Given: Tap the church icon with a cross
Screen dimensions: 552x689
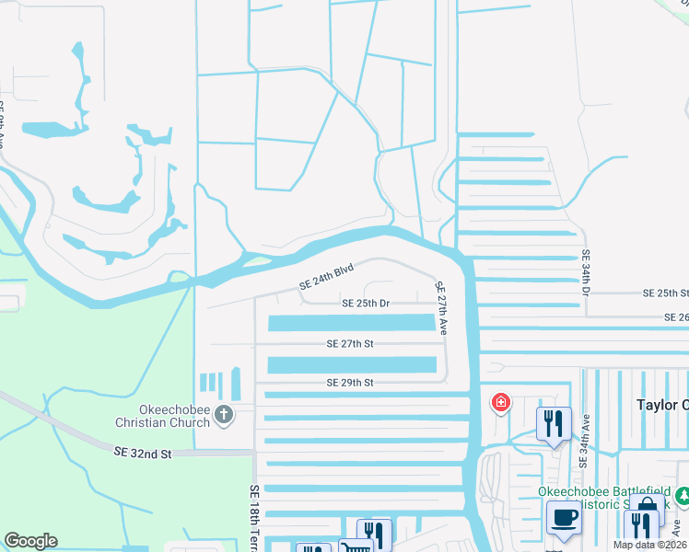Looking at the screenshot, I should coord(223,417).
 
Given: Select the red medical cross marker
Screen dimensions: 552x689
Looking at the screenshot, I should coord(500,403).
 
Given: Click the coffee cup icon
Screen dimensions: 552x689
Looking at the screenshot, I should coord(564,518).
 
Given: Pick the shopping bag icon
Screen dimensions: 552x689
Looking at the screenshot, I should coord(647,505).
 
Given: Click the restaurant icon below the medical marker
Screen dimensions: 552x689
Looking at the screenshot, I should coord(554,424).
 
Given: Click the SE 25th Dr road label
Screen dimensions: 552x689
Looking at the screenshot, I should coord(366,303).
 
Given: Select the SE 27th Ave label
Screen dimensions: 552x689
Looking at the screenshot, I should coord(442,307).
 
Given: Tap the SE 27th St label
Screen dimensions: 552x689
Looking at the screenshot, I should coord(349,343).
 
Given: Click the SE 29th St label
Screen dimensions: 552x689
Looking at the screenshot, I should coord(349,382).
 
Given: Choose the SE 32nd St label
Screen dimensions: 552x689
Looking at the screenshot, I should coord(143,454).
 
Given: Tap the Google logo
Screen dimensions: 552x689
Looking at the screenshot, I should coord(30,541).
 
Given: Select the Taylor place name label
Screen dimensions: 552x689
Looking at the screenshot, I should coord(661,405).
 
